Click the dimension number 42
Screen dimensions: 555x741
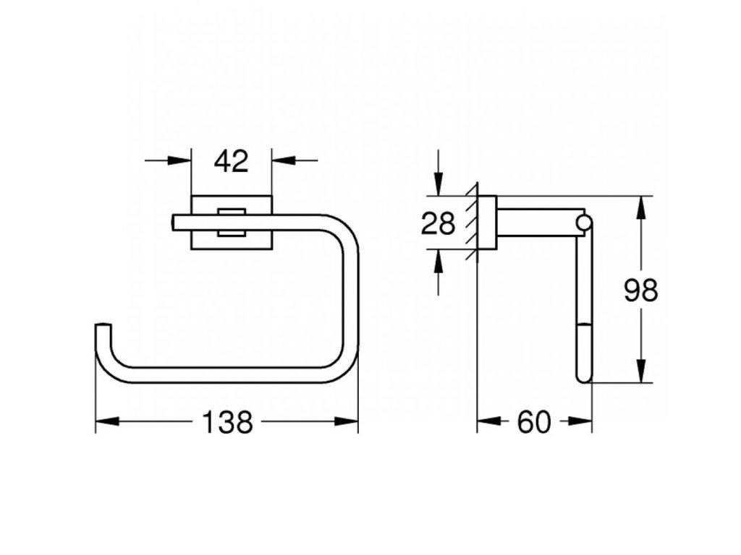tap(231, 161)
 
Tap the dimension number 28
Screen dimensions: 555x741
tap(439, 224)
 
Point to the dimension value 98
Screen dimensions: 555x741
tap(641, 291)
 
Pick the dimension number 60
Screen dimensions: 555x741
tap(535, 422)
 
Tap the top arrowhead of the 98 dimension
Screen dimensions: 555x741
tap(641, 207)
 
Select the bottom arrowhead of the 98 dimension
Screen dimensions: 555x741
tap(641, 371)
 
